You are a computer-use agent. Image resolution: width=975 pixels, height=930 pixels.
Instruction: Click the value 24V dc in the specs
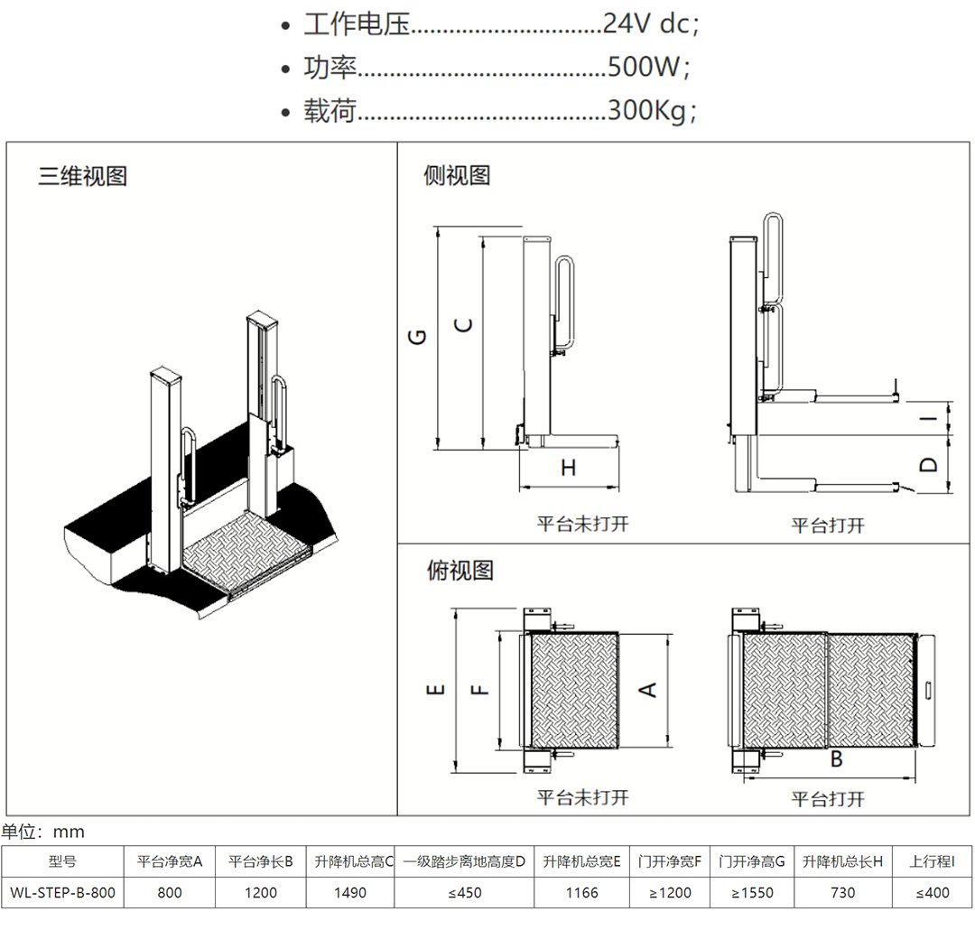pyautogui.click(x=650, y=24)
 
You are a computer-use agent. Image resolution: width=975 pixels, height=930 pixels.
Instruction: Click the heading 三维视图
pyautogui.click(x=82, y=175)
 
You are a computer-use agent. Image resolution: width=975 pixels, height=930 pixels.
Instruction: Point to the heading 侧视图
pyautogui.click(x=457, y=175)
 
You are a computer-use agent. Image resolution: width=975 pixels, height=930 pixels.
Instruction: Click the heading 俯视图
pyautogui.click(x=460, y=571)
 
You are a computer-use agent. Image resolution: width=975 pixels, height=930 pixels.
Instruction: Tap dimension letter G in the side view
pyautogui.click(x=416, y=337)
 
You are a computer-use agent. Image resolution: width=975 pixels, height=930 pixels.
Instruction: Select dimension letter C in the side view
pyautogui.click(x=464, y=326)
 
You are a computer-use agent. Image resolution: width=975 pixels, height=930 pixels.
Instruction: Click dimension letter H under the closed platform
pyautogui.click(x=568, y=468)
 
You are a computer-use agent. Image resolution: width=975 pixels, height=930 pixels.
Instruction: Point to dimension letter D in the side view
pyautogui.click(x=929, y=465)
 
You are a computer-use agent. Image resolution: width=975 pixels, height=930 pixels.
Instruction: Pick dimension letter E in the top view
pyautogui.click(x=436, y=690)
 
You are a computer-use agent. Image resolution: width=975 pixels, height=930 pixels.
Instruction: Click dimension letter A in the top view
pyautogui.click(x=647, y=690)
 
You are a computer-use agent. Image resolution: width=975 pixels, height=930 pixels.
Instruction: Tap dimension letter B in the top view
pyautogui.click(x=836, y=759)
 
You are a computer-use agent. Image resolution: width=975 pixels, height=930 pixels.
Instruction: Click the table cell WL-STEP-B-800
pyautogui.click(x=62, y=893)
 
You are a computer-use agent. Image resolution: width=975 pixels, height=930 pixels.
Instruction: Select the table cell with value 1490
pyautogui.click(x=350, y=893)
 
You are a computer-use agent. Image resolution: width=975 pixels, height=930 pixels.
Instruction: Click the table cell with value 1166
pyautogui.click(x=581, y=893)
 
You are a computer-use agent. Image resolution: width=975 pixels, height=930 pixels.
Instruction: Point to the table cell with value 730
pyautogui.click(x=841, y=893)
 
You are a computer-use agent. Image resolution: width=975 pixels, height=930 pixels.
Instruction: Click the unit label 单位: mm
pyautogui.click(x=42, y=832)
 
